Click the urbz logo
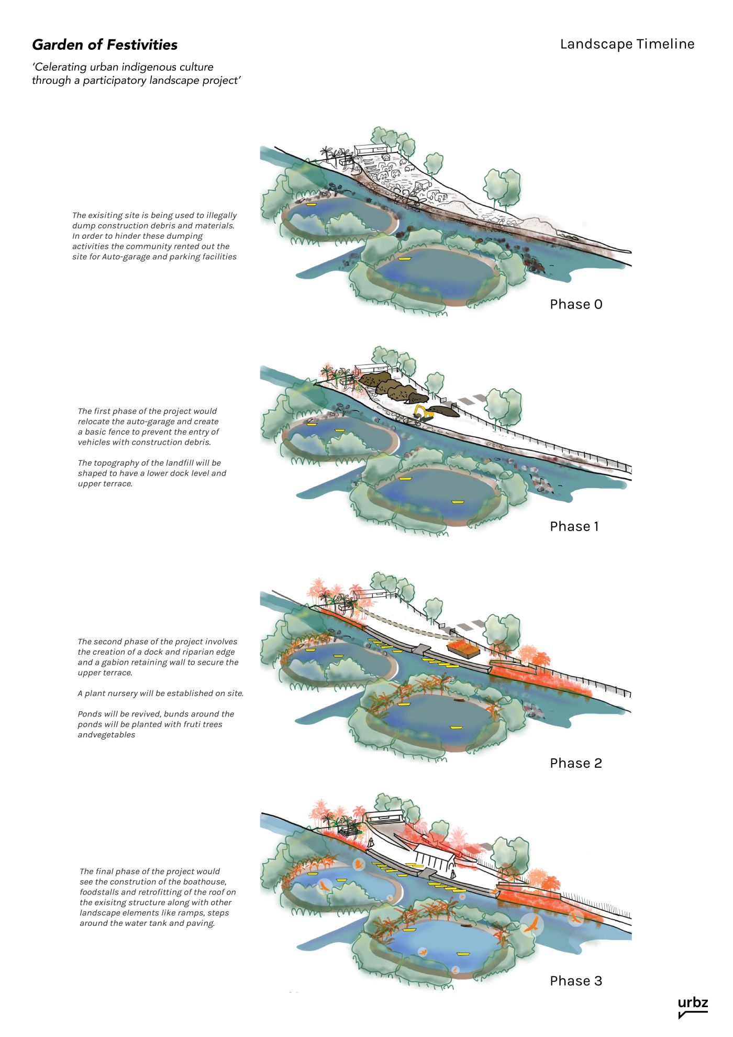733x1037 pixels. pos(692,1007)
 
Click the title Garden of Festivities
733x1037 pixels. pos(105,45)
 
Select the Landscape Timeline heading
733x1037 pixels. pos(627,44)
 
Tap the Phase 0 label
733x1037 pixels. pos(575,304)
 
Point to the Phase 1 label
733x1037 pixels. pos(574,526)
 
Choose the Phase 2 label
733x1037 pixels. pos(575,763)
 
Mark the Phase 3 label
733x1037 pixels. pos(575,981)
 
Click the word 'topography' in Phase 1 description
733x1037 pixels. pos(117,463)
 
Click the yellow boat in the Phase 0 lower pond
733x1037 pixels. pos(403,259)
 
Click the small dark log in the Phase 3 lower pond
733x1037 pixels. pos(464,925)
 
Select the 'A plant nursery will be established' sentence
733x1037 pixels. pos(160,693)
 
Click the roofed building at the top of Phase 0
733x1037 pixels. pos(371,149)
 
